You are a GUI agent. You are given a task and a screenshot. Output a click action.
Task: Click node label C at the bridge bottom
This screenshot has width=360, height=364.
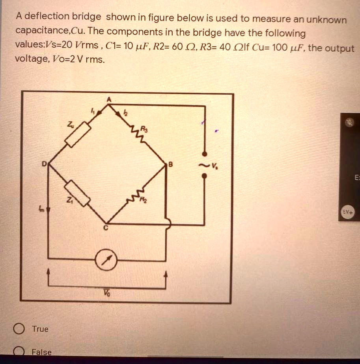(x=106, y=228)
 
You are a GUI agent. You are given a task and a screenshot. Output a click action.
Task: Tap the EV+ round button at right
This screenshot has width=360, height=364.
(x=349, y=212)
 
